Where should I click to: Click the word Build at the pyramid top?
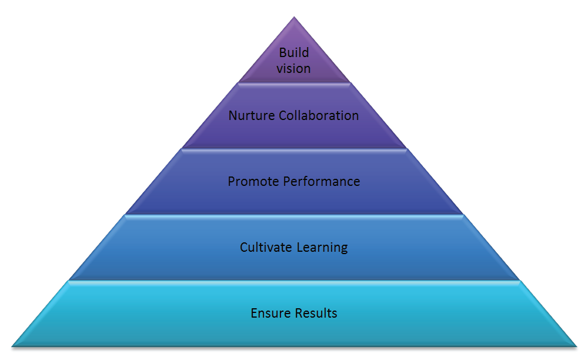click(294, 52)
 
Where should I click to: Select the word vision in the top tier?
click(293, 69)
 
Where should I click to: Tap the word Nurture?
click(252, 115)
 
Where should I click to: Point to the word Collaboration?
click(319, 115)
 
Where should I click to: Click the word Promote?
click(253, 182)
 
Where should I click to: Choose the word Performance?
click(322, 182)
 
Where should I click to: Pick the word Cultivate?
click(266, 248)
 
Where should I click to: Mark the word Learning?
click(322, 248)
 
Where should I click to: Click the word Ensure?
click(270, 313)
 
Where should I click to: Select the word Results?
click(316, 313)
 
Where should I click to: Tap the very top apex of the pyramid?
click(294, 17)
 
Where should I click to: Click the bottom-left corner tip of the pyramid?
click(12, 346)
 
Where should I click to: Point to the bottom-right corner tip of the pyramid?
click(576, 346)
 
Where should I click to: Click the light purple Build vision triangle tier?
click(294, 60)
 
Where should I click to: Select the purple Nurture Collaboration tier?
click(294, 115)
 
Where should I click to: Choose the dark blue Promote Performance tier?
click(294, 182)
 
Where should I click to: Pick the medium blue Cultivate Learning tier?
click(294, 248)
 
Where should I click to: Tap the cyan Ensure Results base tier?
click(294, 314)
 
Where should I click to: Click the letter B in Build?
click(283, 53)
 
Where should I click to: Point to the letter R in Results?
click(299, 313)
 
